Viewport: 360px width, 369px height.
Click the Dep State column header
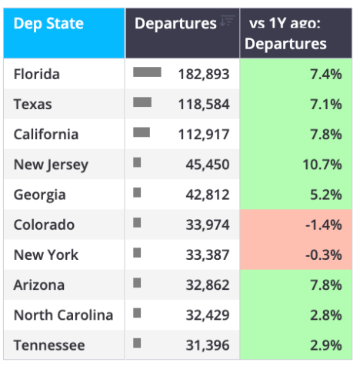pyautogui.click(x=48, y=24)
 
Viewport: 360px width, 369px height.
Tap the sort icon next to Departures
pyautogui.click(x=228, y=21)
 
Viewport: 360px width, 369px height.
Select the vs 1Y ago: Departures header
pyautogui.click(x=285, y=33)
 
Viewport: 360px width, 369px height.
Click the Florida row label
pyautogui.click(x=37, y=75)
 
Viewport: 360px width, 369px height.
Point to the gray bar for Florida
pyautogui.click(x=147, y=72)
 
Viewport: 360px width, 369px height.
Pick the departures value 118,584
pyautogui.click(x=204, y=105)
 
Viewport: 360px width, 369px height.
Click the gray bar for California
pyautogui.click(x=142, y=132)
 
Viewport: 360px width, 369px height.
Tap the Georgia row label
pyautogui.click(x=40, y=195)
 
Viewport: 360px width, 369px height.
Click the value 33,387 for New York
pyautogui.click(x=208, y=255)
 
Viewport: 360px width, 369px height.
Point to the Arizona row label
pyautogui.click(x=39, y=285)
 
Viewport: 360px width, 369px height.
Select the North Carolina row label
pyautogui.click(x=63, y=315)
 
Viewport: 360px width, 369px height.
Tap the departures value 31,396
pyautogui.click(x=208, y=345)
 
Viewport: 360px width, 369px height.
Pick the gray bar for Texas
pyautogui.click(x=142, y=102)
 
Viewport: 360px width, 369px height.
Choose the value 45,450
pyautogui.click(x=208, y=165)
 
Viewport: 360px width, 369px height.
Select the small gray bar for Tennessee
pyautogui.click(x=137, y=343)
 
